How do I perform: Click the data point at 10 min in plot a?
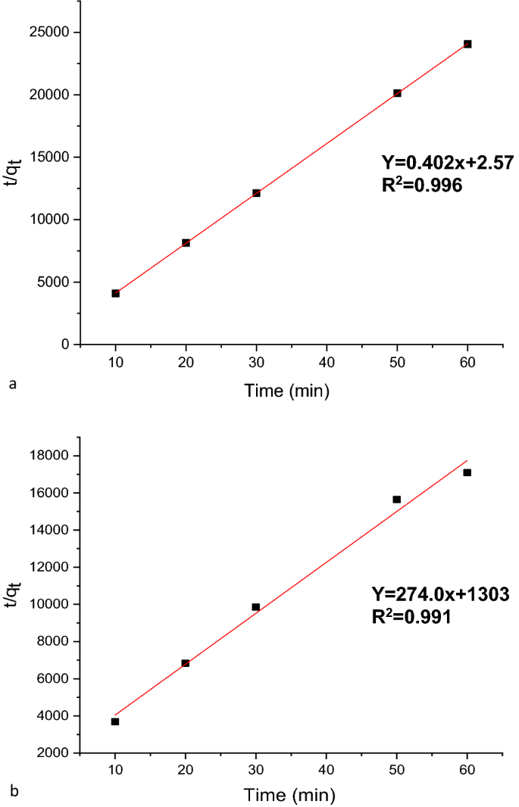[115, 293]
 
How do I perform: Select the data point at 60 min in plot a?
[467, 44]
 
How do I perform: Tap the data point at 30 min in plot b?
[256, 606]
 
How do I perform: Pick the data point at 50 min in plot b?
[397, 499]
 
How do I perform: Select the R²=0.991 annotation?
[411, 616]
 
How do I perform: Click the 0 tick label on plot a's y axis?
[66, 344]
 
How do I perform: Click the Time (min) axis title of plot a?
[287, 390]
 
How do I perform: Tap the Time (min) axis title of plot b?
[287, 796]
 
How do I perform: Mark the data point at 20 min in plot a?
[186, 243]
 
